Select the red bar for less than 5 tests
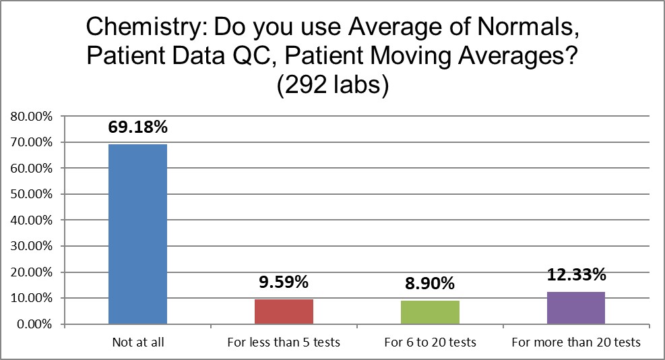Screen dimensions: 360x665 tap(284, 311)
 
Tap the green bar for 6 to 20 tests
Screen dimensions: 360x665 tap(430, 312)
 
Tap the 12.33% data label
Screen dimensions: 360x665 tap(576, 275)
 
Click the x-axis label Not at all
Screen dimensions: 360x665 tap(137, 342)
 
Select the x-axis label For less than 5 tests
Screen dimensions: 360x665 tap(284, 342)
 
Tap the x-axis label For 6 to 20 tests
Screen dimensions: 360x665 tap(430, 342)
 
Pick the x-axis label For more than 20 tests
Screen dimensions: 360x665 tap(576, 342)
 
